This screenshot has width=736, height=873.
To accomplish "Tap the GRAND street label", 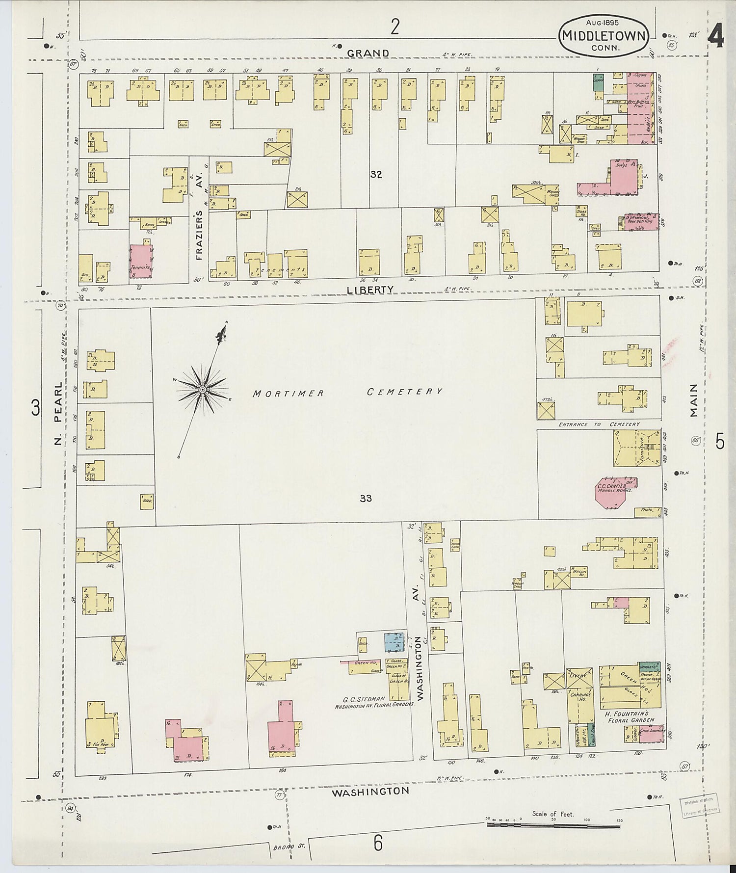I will tap(368, 53).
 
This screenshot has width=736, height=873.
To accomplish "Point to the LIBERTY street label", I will tap(370, 290).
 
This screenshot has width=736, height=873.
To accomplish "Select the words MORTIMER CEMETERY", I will tap(347, 392).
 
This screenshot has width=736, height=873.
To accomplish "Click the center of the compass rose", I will tap(202, 389).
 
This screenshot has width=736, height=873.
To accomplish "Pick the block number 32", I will tap(376, 174).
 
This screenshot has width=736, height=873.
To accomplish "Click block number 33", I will tap(366, 499).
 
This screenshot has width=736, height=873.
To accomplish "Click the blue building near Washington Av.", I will tap(395, 642).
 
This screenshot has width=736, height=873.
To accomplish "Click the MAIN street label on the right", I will tap(693, 400).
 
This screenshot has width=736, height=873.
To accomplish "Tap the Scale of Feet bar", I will tap(553, 825).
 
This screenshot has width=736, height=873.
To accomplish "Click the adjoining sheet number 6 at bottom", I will tap(377, 844).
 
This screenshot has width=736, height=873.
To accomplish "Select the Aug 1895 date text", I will tap(602, 22).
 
